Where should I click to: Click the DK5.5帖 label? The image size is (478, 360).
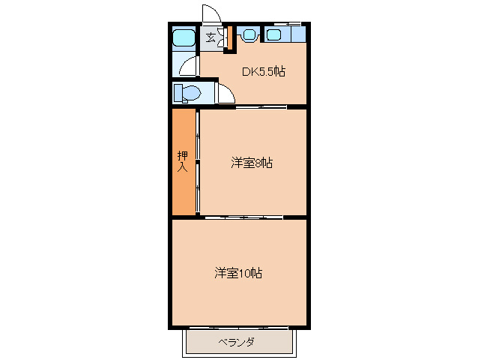click(263, 72)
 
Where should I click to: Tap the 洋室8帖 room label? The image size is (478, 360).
click(251, 162)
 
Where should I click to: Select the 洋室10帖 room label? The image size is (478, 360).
click(238, 273)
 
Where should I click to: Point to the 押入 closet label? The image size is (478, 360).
click(182, 161)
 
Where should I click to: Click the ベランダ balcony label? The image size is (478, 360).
click(236, 343)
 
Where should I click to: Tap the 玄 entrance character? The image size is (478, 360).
click(211, 37)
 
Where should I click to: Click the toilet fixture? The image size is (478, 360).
click(190, 94)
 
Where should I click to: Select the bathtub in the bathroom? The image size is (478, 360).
click(183, 38)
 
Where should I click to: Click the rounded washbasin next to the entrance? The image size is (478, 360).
click(248, 34)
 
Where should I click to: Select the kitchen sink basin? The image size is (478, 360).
click(273, 34)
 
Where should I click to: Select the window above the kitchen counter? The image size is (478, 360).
click(288, 23)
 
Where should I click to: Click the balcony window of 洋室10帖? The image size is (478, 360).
click(238, 327)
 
